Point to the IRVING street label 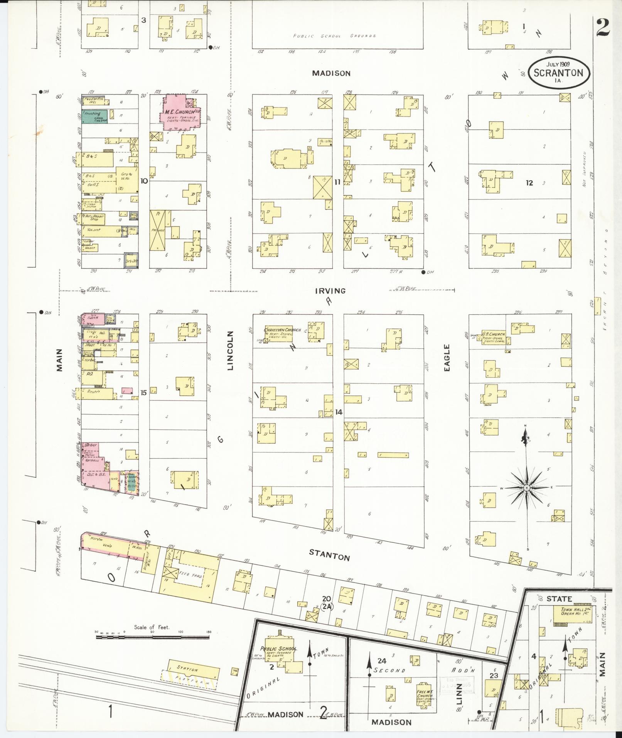click(x=330, y=291)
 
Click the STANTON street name click(x=329, y=556)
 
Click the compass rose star click(x=526, y=488)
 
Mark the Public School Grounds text click(x=334, y=36)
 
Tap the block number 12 click(x=529, y=183)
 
